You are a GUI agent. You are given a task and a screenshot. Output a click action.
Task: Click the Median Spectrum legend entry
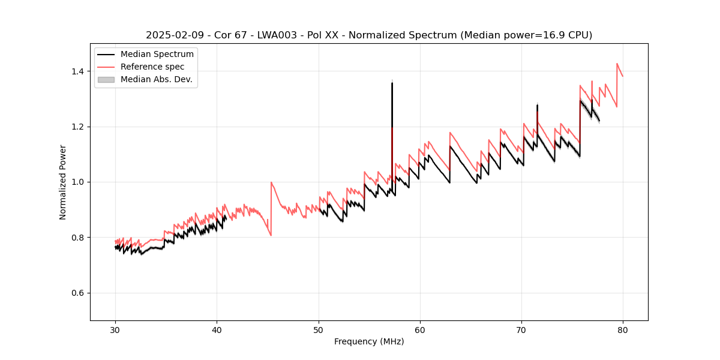click(x=157, y=55)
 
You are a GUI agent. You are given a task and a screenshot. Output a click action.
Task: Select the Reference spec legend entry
click(x=152, y=67)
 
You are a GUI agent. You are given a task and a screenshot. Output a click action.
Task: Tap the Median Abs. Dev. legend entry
click(x=156, y=79)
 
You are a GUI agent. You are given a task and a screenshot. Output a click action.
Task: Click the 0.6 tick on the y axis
click(x=78, y=293)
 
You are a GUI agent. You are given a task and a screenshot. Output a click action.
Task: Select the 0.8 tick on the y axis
click(x=78, y=238)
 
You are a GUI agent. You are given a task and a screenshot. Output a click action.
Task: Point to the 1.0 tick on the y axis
click(x=78, y=182)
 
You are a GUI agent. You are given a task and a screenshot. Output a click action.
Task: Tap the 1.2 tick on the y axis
click(x=78, y=127)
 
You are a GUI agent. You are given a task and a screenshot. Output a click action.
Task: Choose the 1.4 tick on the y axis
click(x=78, y=71)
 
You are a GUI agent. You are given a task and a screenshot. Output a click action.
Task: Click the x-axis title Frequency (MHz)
click(x=369, y=341)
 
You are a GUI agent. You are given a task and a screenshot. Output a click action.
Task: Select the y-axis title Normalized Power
click(x=63, y=182)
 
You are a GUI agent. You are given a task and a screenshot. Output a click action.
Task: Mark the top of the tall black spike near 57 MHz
click(x=392, y=83)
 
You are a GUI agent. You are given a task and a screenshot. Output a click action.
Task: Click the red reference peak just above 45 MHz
click(x=271, y=182)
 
